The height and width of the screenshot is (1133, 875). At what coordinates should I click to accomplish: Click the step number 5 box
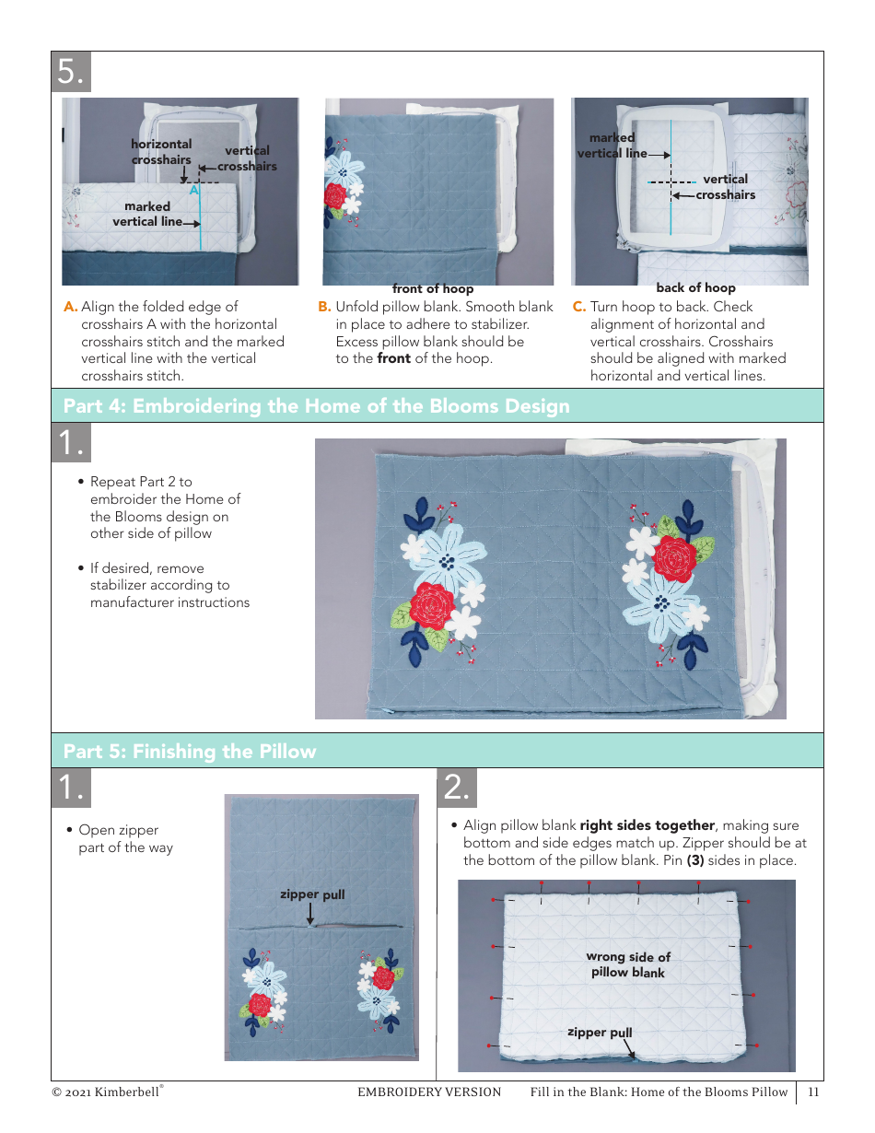(72, 72)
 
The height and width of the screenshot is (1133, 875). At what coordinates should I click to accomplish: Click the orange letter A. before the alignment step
(70, 307)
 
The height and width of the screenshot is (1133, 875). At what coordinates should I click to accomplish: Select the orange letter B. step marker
(324, 307)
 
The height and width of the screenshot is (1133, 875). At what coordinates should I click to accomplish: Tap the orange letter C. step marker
(579, 307)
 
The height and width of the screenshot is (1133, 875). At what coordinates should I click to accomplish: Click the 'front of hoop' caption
(433, 289)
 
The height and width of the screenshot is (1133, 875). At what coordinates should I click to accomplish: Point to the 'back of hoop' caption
(695, 288)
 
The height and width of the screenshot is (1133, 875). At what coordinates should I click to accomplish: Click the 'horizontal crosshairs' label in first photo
(161, 152)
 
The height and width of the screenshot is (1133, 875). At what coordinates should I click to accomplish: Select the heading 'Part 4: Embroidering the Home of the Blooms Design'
(316, 406)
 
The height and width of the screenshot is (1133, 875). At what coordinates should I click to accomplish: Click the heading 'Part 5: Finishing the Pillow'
(189, 752)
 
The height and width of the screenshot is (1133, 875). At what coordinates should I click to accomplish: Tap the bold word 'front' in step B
(393, 358)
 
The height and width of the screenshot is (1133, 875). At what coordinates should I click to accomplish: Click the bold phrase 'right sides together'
(647, 825)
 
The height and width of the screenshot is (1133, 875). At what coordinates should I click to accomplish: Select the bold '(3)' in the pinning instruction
(695, 860)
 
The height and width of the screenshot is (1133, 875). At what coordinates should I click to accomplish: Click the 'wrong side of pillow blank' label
(628, 964)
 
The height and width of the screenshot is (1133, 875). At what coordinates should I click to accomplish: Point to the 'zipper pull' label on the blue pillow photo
(312, 894)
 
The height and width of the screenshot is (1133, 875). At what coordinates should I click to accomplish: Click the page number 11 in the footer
(813, 1092)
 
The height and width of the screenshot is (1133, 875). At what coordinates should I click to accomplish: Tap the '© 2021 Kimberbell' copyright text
(107, 1092)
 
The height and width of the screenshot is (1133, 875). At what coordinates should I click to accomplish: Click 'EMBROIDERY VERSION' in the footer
(429, 1092)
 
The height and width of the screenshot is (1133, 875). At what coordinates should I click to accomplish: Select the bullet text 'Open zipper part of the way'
(125, 838)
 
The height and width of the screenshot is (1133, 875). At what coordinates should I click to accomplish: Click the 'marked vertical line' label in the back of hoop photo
(612, 146)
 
